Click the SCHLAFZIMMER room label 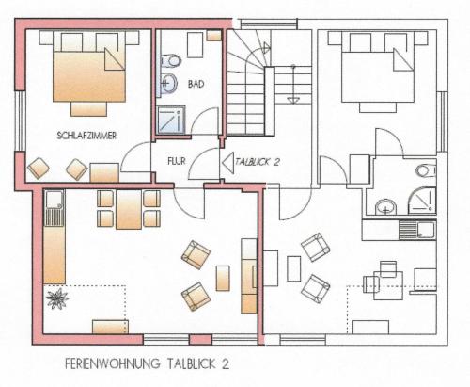tap(86, 136)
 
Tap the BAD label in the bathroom tap(196, 84)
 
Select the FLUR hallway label tap(177, 161)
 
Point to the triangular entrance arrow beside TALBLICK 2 tap(227, 162)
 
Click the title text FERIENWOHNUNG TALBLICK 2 tap(147, 363)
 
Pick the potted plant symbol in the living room tap(57, 298)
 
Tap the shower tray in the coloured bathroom tap(171, 120)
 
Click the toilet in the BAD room tap(171, 60)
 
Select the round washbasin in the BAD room tap(169, 83)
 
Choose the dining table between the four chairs tap(129, 209)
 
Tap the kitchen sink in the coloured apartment tap(55, 208)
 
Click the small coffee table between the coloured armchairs tap(223, 278)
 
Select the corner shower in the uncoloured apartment tap(422, 201)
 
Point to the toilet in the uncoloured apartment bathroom tap(426, 170)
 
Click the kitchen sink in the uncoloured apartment tap(417, 230)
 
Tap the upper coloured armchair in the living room tap(196, 255)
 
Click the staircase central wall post tap(270, 101)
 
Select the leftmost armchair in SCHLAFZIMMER tap(39, 168)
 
